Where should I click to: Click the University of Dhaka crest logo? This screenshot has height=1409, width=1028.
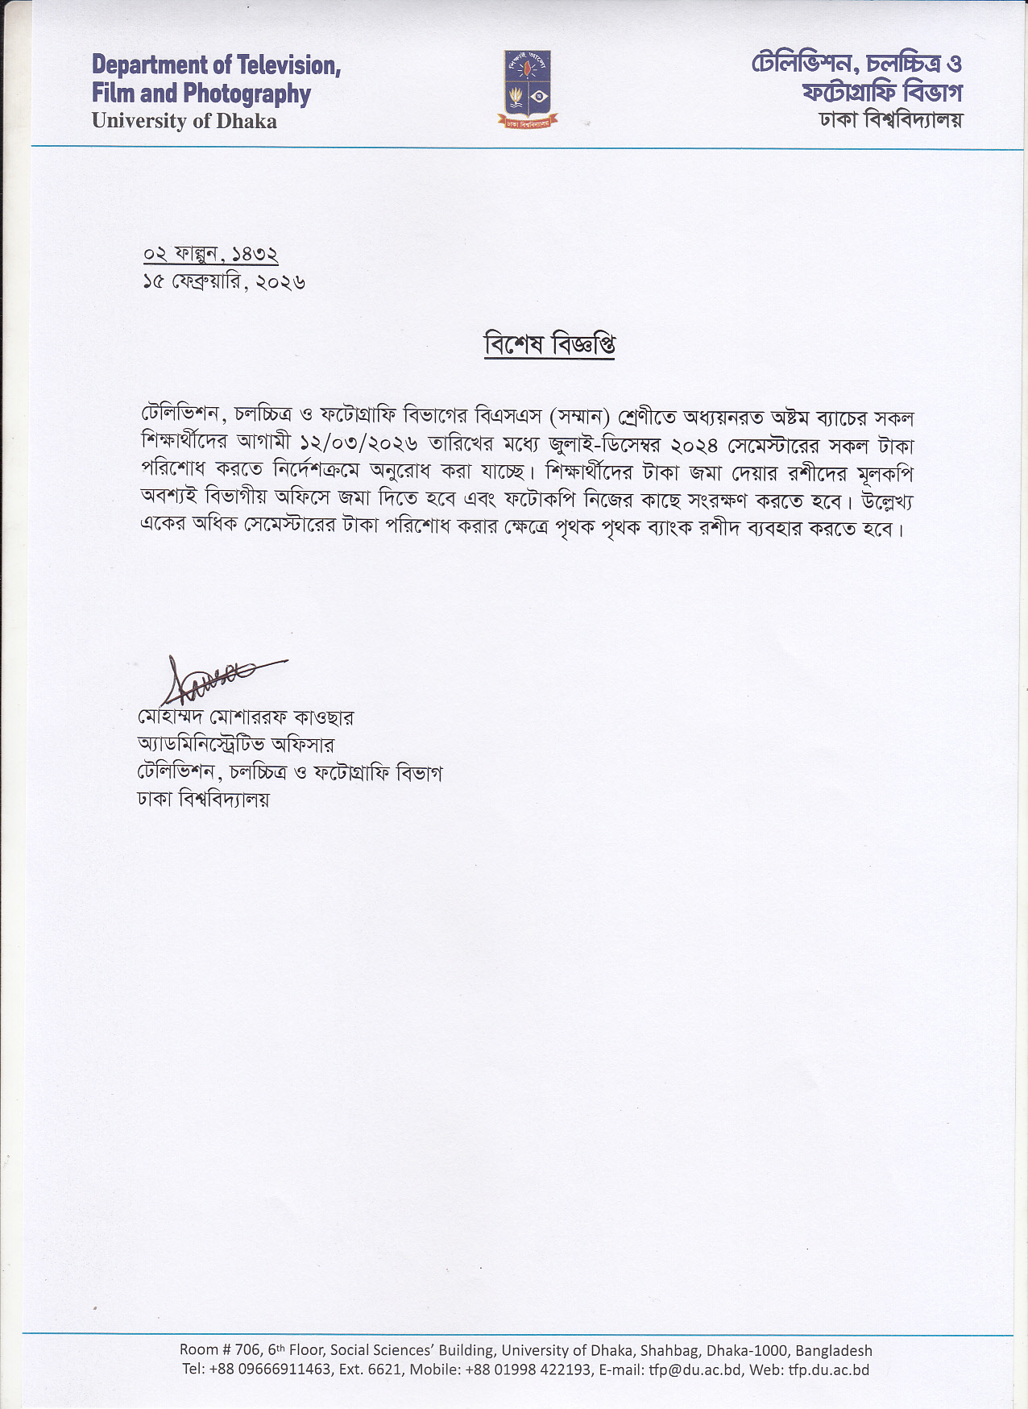tap(528, 89)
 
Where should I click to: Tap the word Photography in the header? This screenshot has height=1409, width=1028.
tap(247, 94)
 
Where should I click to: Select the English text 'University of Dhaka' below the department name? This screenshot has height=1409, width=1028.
tap(184, 122)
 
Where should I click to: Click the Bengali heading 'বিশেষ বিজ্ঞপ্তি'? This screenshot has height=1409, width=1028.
tap(549, 344)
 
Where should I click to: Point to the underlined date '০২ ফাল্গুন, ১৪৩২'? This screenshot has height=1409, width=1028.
tap(210, 254)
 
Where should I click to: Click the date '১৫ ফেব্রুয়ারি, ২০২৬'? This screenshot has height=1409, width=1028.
tap(224, 282)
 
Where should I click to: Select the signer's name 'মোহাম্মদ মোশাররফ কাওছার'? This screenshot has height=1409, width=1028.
tap(246, 717)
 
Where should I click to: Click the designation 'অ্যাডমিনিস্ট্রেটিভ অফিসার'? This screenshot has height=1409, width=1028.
tap(235, 744)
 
